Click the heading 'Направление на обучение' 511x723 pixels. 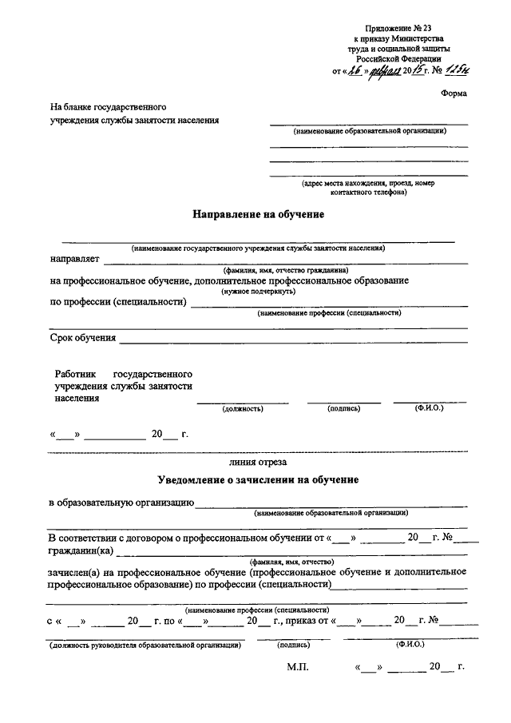tap(258, 215)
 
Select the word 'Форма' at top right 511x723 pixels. tap(454, 93)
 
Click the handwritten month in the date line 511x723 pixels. tap(386, 71)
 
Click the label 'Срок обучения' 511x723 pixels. tap(82, 338)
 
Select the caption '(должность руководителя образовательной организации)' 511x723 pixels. tap(145, 643)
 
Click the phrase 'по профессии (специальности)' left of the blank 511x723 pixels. tap(118, 302)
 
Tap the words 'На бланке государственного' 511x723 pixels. tap(108, 106)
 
